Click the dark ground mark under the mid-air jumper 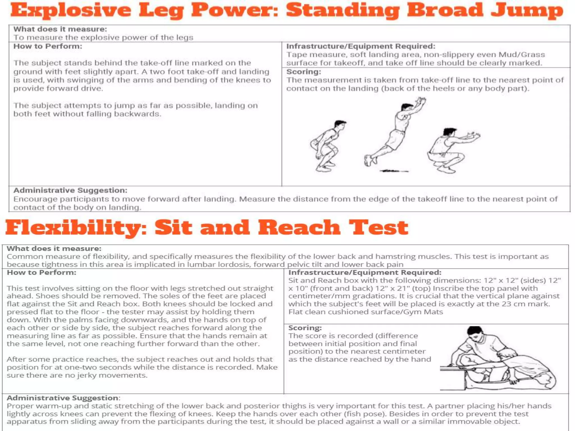[393, 171]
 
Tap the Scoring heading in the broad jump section [304, 72]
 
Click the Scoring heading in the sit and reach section [305, 328]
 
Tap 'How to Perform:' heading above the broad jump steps [48, 46]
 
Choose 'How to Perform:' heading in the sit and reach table [42, 272]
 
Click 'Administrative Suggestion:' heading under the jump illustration [70, 191]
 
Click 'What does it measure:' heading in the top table [60, 29]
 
